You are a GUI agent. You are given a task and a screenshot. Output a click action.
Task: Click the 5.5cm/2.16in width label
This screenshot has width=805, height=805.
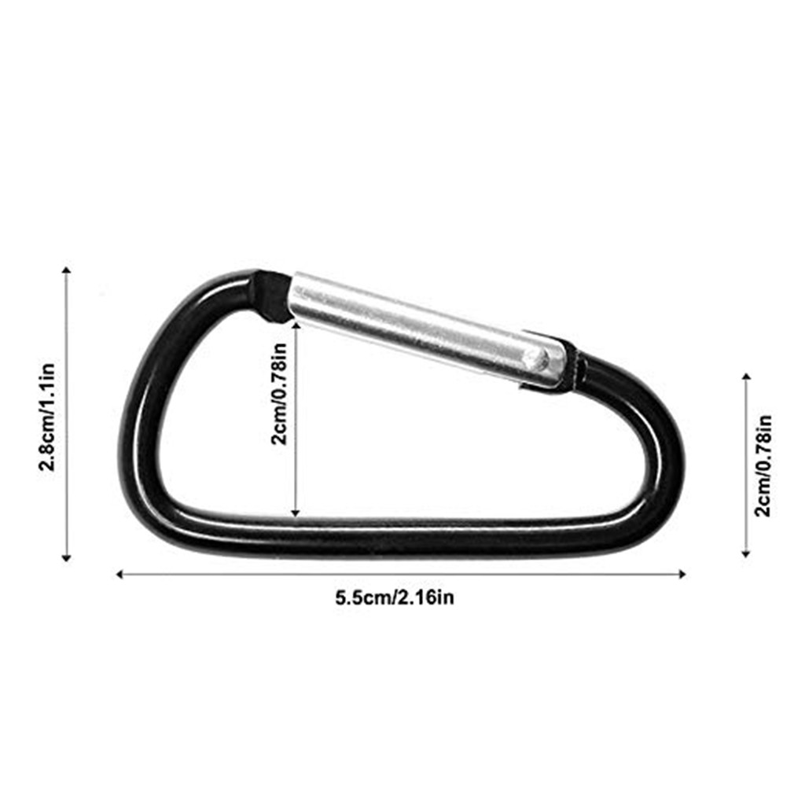pos(395,597)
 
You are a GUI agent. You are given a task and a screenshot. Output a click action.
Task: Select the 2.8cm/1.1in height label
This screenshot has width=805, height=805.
pos(47,417)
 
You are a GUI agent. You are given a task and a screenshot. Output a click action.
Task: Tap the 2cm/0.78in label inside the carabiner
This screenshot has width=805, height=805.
pos(279,394)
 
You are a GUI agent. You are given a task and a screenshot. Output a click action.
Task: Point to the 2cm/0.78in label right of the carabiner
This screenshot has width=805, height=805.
pos(763,465)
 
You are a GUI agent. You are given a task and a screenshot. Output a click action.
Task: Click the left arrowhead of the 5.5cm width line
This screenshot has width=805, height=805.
pos(119,574)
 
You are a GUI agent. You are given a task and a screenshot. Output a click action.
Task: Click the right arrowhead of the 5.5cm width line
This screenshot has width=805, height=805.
pos(682,574)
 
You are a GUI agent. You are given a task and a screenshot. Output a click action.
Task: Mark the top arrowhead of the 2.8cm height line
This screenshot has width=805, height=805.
pos(66,270)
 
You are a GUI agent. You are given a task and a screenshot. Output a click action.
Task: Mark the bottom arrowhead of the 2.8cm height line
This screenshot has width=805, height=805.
pos(66,557)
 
